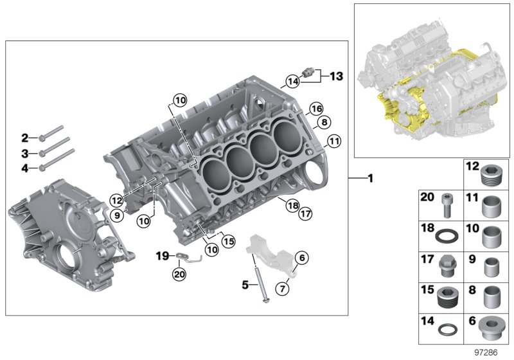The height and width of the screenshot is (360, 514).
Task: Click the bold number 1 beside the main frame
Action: [x=370, y=178]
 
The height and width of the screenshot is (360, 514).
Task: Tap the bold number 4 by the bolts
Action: [x=25, y=168]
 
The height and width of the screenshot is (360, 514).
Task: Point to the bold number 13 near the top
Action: [x=336, y=76]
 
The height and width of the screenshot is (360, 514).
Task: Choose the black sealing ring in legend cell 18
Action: [x=446, y=236]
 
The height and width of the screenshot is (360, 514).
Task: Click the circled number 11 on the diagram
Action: [x=333, y=141]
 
